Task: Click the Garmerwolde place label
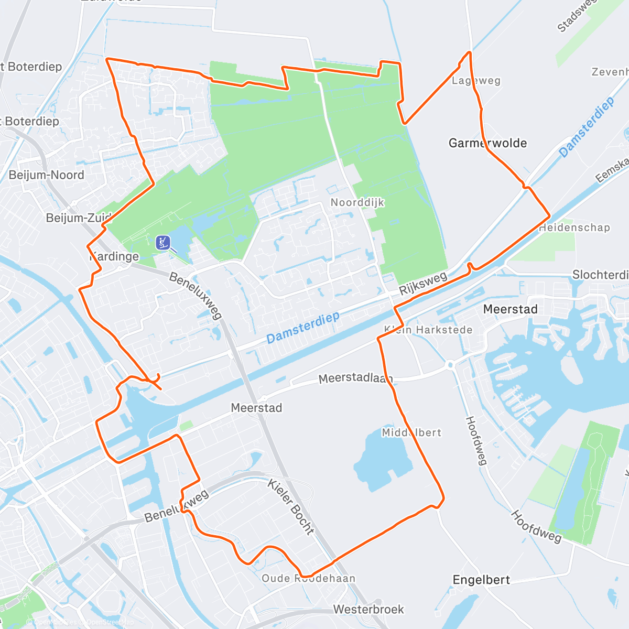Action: click(x=487, y=143)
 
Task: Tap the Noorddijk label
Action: click(x=357, y=202)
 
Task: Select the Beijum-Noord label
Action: click(x=46, y=175)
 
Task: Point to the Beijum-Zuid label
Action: click(x=79, y=218)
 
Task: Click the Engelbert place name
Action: click(x=481, y=580)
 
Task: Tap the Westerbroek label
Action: click(x=368, y=610)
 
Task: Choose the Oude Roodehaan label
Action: click(x=308, y=578)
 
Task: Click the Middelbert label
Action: click(x=411, y=432)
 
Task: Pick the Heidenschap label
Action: click(x=574, y=227)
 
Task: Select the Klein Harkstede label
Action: click(x=428, y=330)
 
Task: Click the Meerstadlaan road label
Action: click(x=355, y=378)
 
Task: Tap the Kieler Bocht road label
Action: click(x=291, y=506)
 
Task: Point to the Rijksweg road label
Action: click(x=423, y=283)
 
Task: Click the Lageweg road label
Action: click(x=476, y=81)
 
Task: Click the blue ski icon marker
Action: click(x=163, y=242)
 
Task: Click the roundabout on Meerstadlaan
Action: click(x=450, y=364)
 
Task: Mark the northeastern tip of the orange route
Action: click(x=469, y=52)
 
